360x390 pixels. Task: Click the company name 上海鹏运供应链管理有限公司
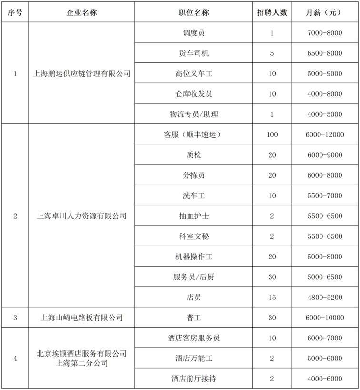[81, 74]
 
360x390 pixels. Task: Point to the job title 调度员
[194, 33]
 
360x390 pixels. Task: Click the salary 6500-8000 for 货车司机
[324, 53]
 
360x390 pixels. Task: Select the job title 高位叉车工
[194, 74]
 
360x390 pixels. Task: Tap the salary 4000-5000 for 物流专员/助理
[324, 114]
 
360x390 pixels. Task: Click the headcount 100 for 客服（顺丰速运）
[272, 135]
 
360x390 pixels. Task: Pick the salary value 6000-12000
[324, 135]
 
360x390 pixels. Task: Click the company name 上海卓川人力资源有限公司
[81, 216]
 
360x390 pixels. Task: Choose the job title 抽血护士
[194, 216]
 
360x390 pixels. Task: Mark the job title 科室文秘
[194, 236]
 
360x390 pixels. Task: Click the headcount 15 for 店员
[272, 298]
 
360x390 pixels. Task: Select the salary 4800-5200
[324, 298]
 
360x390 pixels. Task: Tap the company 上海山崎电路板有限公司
[81, 318]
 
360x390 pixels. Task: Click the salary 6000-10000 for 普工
[324, 318]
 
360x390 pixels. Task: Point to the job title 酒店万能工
[194, 359]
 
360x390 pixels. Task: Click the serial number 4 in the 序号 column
[15, 359]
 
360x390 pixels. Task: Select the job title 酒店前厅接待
[194, 379]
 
